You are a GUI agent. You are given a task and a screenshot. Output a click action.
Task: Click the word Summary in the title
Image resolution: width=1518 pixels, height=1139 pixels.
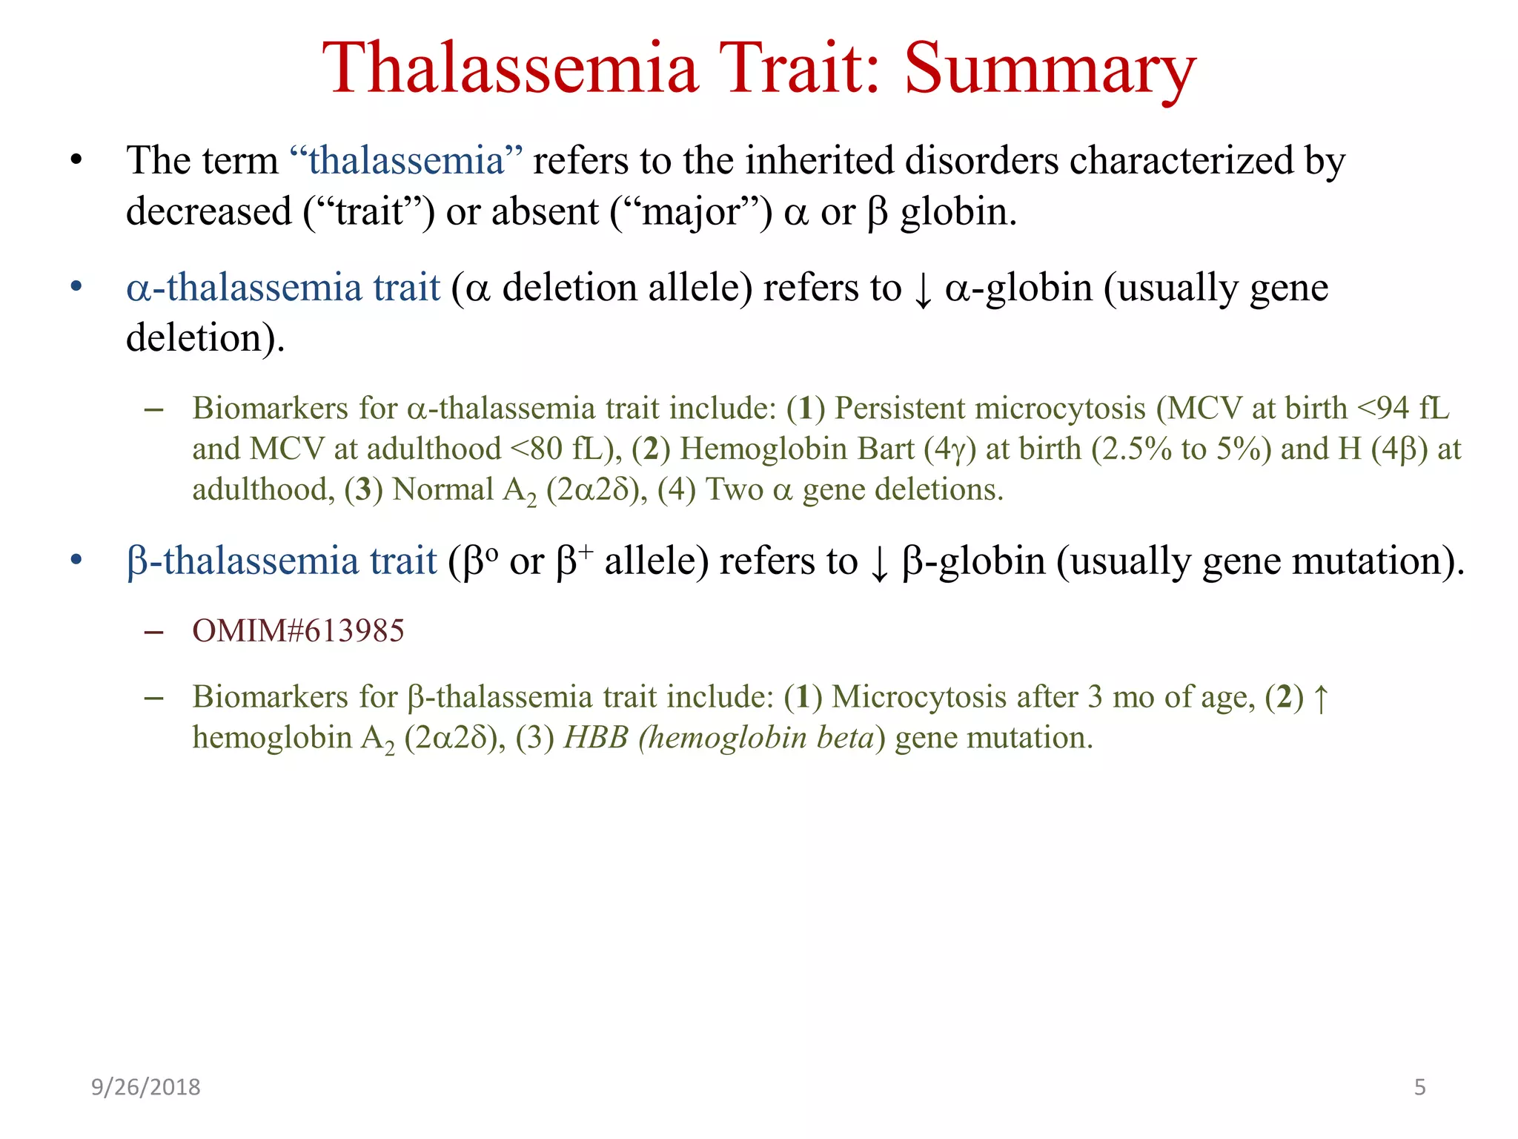coord(1050,68)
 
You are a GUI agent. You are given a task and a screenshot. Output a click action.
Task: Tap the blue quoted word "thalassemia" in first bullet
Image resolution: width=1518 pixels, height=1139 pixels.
coord(405,160)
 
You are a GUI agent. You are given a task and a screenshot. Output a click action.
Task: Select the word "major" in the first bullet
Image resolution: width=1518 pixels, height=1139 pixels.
coord(691,212)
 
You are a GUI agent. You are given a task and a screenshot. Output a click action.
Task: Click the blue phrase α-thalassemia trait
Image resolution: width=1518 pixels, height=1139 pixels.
coord(283,288)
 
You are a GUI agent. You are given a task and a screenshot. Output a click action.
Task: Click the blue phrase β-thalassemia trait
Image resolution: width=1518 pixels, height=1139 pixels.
coord(282,561)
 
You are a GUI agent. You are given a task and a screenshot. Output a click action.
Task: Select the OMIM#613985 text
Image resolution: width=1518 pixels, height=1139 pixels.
coord(298,631)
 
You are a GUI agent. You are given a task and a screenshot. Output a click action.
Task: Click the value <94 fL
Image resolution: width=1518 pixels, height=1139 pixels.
coord(1402,409)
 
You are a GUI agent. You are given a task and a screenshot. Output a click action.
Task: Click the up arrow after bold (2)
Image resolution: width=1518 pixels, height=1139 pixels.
coord(1321,699)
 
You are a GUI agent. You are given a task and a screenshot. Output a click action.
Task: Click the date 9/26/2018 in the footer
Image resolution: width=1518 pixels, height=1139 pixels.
coord(145,1087)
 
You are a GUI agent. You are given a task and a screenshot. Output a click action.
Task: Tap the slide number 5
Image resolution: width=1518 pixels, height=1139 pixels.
coord(1419,1087)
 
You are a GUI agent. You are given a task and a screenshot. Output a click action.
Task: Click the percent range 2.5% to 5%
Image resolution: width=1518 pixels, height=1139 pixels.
coord(1181,449)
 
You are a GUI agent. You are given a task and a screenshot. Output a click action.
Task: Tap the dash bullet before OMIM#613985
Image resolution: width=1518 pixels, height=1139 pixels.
coord(153,632)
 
